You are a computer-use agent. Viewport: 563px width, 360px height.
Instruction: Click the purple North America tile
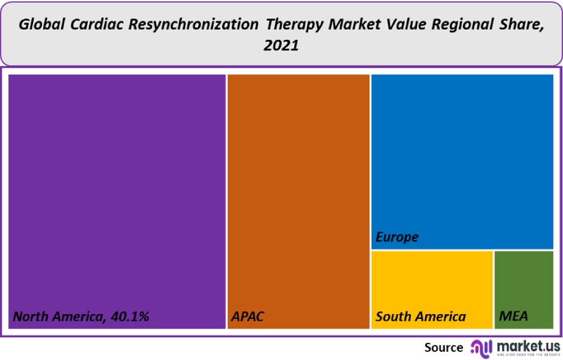(117, 192)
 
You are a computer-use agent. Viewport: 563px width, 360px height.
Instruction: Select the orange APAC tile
(298, 192)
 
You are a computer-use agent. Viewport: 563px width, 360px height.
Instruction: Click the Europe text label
(397, 237)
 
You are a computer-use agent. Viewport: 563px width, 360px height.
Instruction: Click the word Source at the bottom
(444, 348)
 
